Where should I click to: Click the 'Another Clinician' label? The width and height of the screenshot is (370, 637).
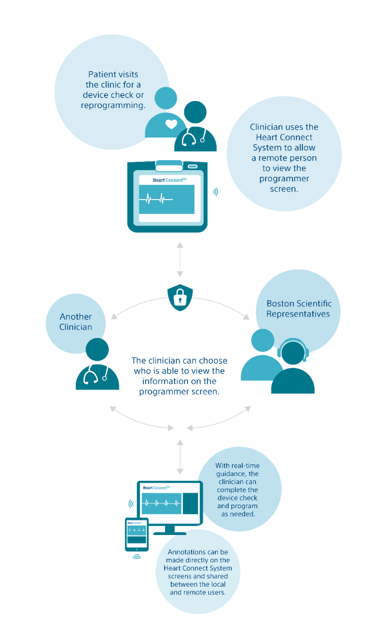point(76,321)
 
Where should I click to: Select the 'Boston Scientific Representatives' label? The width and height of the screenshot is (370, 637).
point(298,309)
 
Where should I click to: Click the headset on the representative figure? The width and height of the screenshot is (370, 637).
point(293,348)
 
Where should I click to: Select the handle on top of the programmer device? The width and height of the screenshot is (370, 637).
point(169,164)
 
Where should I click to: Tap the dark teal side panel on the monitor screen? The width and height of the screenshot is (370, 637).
point(190,503)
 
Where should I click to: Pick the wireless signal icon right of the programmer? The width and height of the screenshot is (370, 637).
point(215,192)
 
